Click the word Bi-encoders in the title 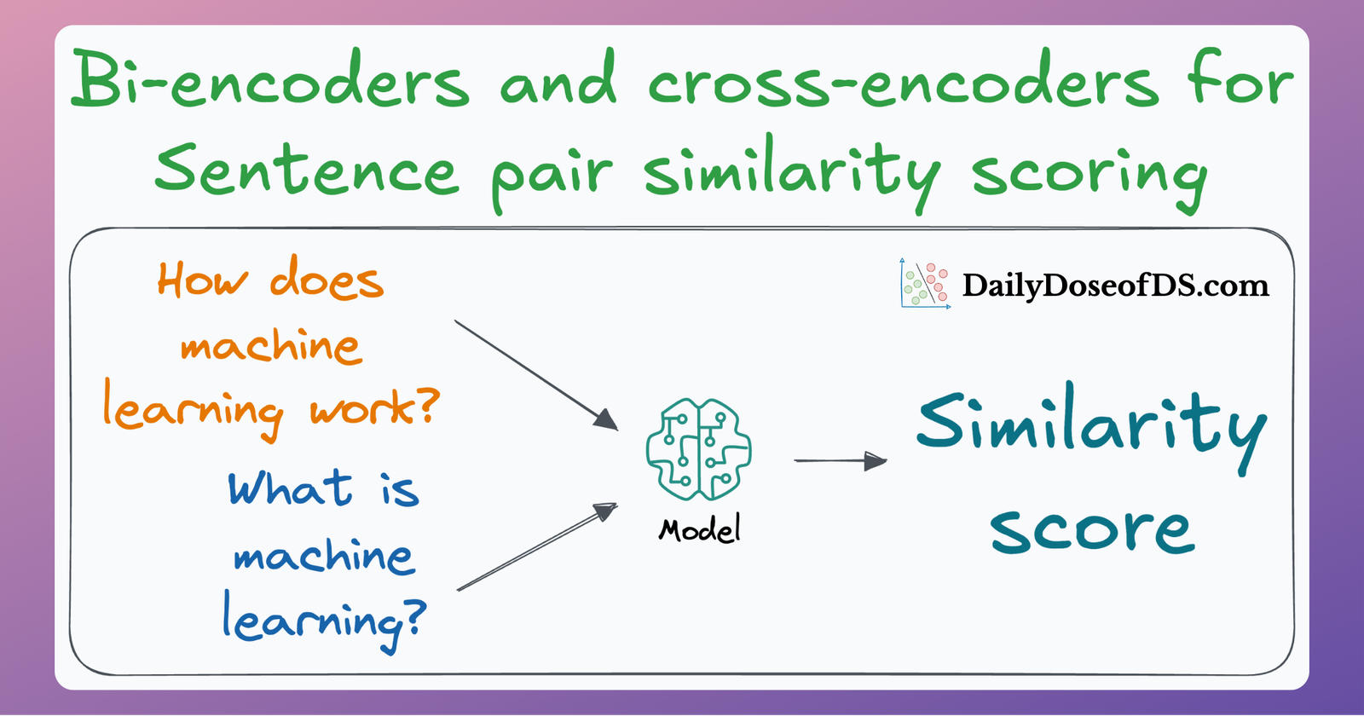(x=269, y=81)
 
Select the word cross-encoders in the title (x=904, y=84)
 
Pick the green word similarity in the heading (x=793, y=170)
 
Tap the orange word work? (x=374, y=409)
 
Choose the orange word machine (x=271, y=345)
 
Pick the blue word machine (x=324, y=556)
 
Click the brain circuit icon (x=699, y=449)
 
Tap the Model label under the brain (x=699, y=530)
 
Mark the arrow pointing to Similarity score (x=840, y=461)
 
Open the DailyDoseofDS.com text (x=1115, y=285)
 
